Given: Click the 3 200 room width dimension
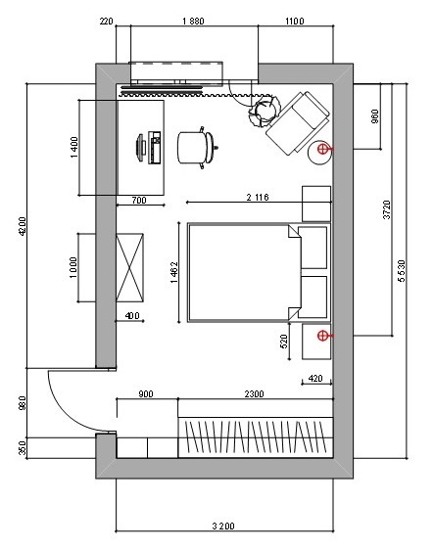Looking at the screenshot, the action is pos(223,526).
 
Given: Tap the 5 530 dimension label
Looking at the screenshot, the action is pos(402,271).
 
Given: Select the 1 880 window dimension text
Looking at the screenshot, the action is pos(193,22).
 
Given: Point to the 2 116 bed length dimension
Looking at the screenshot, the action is pos(258,198).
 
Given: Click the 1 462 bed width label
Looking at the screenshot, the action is pos(174,272).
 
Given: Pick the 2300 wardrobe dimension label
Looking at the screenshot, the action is pos(254,394).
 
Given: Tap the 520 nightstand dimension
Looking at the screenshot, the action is pos(284,342).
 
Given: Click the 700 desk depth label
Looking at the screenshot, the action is pos(139,201).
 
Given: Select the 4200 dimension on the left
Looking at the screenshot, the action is pos(22,227).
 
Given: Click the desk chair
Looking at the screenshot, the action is pos(198,148).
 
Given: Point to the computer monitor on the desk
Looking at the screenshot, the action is pos(141,148).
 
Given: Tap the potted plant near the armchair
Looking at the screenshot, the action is pos(265,111).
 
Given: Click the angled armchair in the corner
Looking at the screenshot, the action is pos(298,123).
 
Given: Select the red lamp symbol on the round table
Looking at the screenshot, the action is pos(323,149).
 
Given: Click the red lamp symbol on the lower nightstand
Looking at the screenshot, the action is pos(323,336).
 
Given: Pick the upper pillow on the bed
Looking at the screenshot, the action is pos(313,248).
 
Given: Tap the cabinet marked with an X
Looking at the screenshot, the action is pos(130,267).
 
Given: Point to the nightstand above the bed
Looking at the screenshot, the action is pos(316,204).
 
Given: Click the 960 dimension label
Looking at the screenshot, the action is pos(375,116).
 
